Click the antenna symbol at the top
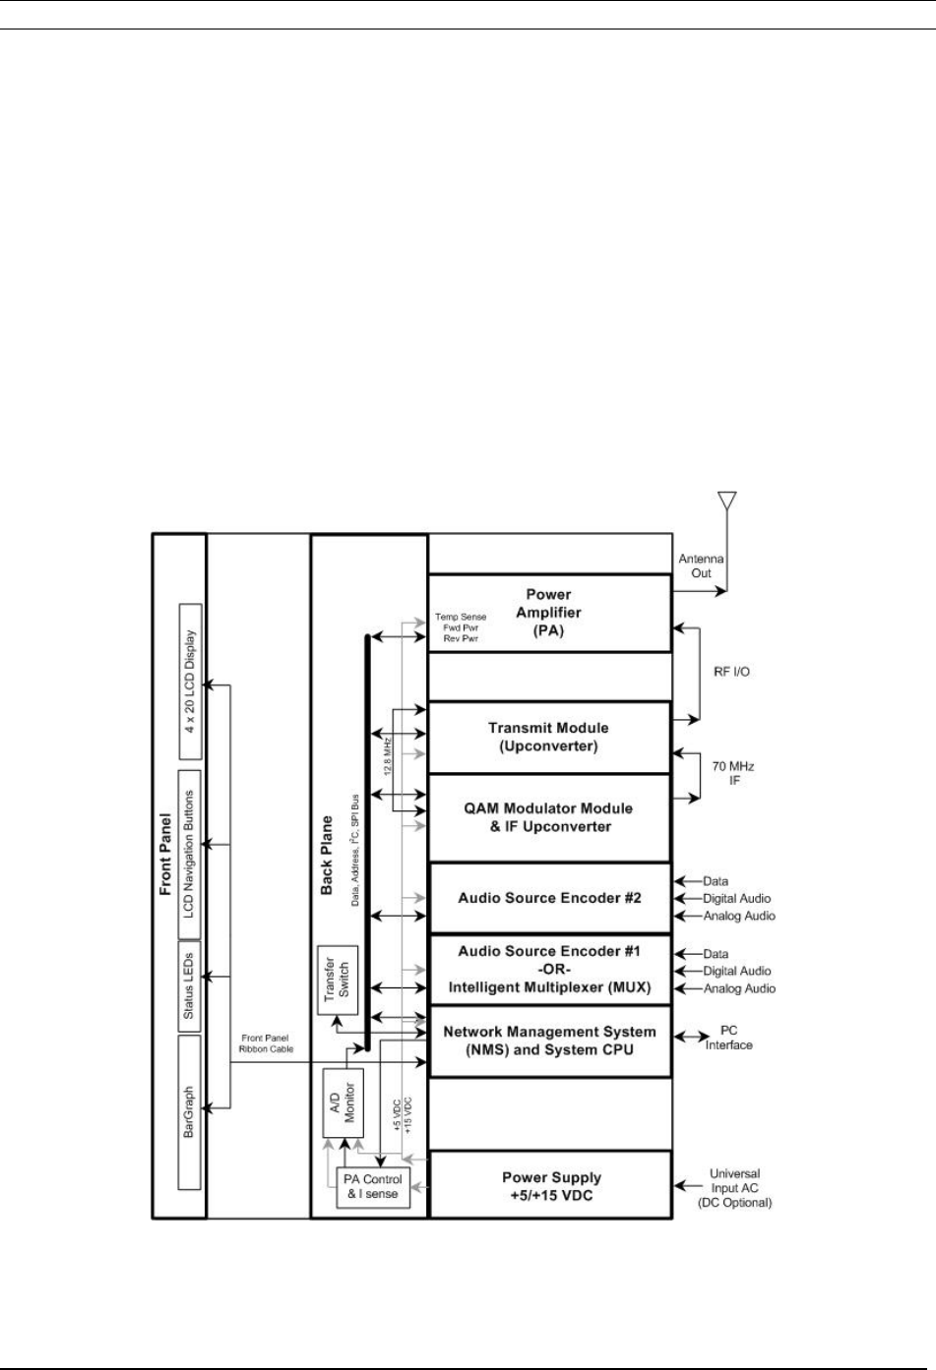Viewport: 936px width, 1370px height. (726, 501)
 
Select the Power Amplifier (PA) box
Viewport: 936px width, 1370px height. (550, 613)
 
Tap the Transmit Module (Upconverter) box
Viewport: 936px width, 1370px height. (549, 738)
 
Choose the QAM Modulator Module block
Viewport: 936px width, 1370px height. (549, 817)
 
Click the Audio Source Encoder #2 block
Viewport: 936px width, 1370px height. (550, 898)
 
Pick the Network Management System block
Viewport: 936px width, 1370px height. (550, 1041)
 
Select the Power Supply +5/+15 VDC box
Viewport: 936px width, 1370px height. (551, 1185)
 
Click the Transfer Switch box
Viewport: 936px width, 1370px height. (338, 980)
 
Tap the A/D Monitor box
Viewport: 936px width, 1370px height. (343, 1103)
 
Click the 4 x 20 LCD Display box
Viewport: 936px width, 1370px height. (190, 682)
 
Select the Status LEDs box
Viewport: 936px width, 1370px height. (189, 986)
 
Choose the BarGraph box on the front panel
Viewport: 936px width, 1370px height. (189, 1112)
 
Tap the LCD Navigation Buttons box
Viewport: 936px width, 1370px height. (190, 855)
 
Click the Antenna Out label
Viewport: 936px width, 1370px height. (701, 566)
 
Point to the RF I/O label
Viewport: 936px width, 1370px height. (731, 672)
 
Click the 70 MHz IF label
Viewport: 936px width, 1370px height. (733, 773)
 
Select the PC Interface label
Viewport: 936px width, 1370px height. (728, 1038)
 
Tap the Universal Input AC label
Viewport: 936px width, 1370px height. (734, 1188)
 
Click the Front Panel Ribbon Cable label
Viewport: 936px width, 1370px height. (266, 1043)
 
